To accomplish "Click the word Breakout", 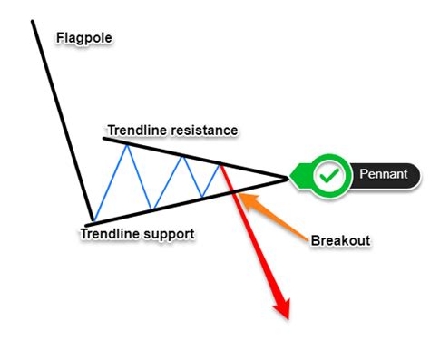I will coord(341,241).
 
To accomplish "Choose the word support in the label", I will coord(170,234).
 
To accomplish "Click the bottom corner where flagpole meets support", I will coord(92,220).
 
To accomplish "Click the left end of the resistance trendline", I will coord(104,138).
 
